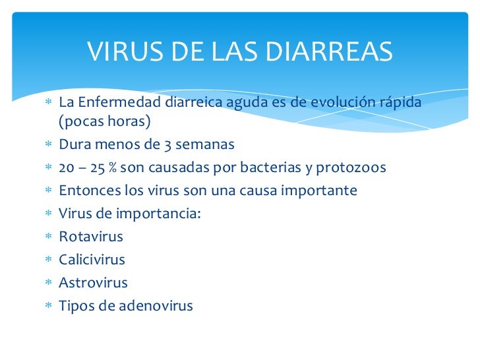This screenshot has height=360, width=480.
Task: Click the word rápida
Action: click(x=396, y=103)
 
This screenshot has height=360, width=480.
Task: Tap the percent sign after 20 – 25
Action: click(x=113, y=168)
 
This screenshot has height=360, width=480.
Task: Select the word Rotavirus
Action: click(x=91, y=237)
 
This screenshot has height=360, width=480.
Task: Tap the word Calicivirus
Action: click(x=92, y=260)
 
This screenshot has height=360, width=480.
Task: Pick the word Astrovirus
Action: click(x=94, y=283)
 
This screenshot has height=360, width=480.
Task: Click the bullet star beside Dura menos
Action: click(x=48, y=145)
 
